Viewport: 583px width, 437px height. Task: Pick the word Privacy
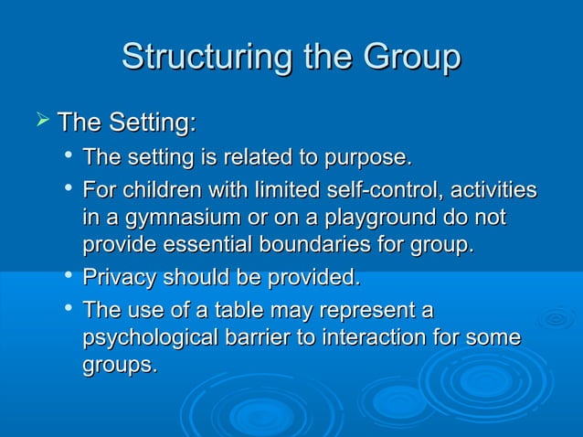[x=119, y=277]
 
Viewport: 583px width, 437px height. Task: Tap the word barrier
[x=272, y=337]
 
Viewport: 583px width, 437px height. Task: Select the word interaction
[x=383, y=337]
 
